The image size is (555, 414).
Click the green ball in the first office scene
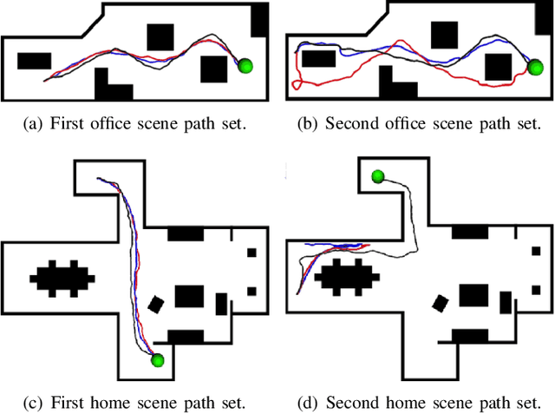point(245,65)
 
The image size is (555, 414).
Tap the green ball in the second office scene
point(532,67)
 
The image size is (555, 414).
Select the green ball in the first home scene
point(157,359)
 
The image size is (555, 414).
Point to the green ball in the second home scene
point(378,177)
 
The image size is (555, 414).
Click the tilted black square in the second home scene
point(441,304)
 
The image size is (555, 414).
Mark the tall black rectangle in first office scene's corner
point(258,20)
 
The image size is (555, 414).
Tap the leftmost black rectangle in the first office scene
point(34,60)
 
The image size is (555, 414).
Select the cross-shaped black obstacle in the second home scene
point(347,279)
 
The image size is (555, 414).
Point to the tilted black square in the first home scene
point(156,304)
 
